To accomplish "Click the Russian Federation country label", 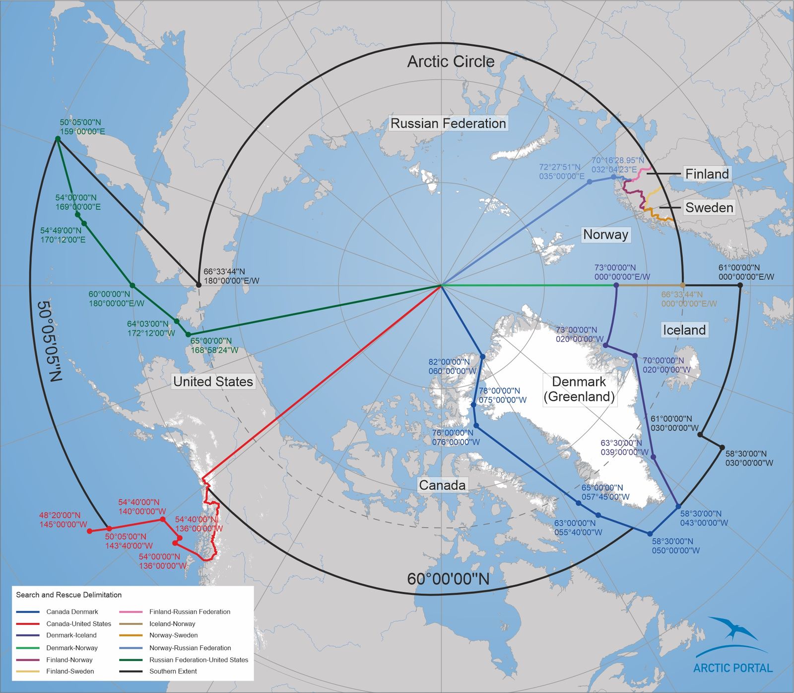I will coord(448,123).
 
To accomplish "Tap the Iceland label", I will coord(684,330).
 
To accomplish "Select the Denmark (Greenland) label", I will coord(579,389).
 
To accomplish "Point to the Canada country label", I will coord(442,485).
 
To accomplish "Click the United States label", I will coord(213,382).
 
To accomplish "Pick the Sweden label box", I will coord(709,208).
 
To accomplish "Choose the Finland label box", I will coord(707,174).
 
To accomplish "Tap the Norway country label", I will coord(605,234).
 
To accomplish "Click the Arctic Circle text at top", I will coord(451,62).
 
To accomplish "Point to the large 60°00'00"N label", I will coord(448,579).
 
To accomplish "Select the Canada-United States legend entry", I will coord(78,624).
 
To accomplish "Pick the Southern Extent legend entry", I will coord(173,671).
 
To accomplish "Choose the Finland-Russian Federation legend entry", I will coord(190,612).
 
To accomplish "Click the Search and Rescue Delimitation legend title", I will coord(68,595).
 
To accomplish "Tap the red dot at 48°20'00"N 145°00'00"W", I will coord(90,531).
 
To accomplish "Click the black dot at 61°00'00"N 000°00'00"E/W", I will coord(740,285).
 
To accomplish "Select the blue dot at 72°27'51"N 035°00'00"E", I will coord(590,182).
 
